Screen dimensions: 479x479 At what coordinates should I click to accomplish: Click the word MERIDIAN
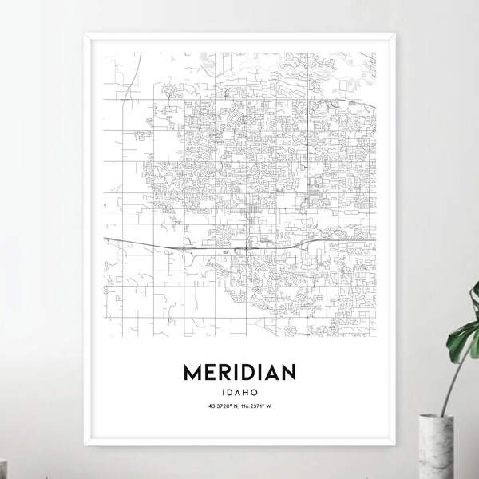(x=240, y=373)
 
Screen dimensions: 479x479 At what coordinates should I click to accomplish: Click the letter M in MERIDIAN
(x=196, y=373)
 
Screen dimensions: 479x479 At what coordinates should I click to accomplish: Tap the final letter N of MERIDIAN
(x=287, y=373)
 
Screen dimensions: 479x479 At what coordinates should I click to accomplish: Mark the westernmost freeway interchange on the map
(x=184, y=248)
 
